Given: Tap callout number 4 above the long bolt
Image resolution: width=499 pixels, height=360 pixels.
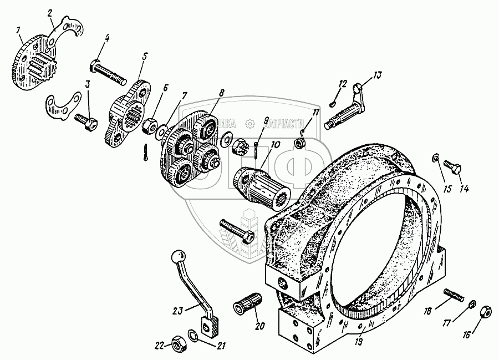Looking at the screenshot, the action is pos(106,39).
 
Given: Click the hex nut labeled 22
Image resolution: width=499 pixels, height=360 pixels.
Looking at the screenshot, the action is pos(179,344).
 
